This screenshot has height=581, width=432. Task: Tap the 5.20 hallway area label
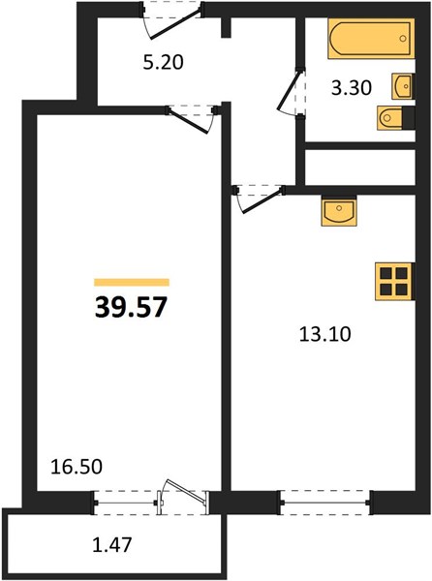click(x=163, y=62)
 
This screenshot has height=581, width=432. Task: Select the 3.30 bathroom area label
click(x=352, y=88)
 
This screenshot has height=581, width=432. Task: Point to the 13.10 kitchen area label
click(x=324, y=335)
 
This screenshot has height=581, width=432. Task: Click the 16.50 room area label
click(x=77, y=467)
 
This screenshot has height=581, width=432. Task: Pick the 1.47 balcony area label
click(x=112, y=545)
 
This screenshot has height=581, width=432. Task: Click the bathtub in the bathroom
click(x=371, y=39)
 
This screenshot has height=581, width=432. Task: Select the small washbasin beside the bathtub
click(x=403, y=86)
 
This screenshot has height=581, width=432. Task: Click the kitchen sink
click(x=339, y=211)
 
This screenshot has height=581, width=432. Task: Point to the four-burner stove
click(x=394, y=281)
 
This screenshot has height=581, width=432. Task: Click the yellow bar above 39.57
click(x=132, y=283)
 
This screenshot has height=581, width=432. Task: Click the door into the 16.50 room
click(x=191, y=119)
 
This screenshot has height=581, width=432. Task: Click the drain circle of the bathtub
click(x=403, y=39)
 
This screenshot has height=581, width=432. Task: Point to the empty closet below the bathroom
click(x=359, y=168)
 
